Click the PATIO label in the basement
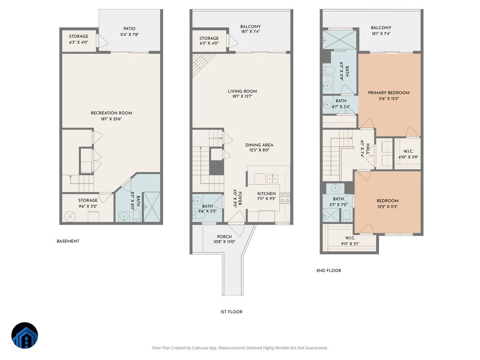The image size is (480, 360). pos(129,29)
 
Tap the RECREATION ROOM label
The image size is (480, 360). pos(111,113)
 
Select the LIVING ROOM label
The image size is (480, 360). pos(242,91)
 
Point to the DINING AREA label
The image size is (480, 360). pos(259,145)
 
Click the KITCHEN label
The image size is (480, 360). pos(266,194)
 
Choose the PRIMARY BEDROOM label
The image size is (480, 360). pos(388,93)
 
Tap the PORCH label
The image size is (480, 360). pos(224,237)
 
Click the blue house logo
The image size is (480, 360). pos(25,335)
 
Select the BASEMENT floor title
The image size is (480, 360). pos(68,241)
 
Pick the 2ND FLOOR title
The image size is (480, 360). pos(329,271)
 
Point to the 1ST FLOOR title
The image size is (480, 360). pos(231,312)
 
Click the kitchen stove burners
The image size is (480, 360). pos(285,198)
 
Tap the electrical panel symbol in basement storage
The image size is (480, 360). pos(70,217)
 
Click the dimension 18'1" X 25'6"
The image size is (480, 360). pos(111,119)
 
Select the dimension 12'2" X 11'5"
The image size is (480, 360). pos(388,206)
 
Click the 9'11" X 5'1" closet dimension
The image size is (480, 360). pos(350,244)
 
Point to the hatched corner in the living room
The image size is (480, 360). pos(202,63)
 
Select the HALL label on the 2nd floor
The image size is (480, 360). pos(368,149)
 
